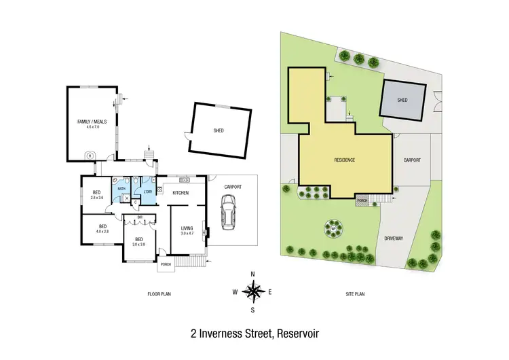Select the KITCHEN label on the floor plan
pos(180,194)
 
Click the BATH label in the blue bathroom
pos(121,188)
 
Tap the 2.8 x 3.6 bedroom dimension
pos(96,198)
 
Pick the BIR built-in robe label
pos(140,217)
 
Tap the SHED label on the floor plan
pos(219,130)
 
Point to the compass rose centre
pos(253,293)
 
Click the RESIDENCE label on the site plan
pos(345,160)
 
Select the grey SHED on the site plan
pos(403,100)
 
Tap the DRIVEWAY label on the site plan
pos(393,238)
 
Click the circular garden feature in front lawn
pos(333,228)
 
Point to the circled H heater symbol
pos(90,155)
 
